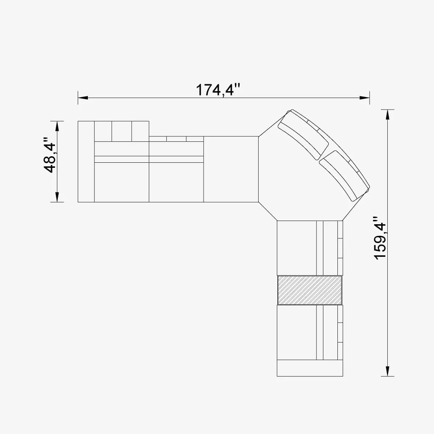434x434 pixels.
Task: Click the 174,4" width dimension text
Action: (x=218, y=90)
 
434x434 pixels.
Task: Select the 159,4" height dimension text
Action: (x=380, y=238)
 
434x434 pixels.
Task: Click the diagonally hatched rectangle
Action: (x=310, y=290)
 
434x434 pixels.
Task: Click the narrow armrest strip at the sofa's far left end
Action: (x=86, y=161)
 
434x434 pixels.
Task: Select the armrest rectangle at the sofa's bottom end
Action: (x=310, y=368)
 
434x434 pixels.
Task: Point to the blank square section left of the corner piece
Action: (x=231, y=169)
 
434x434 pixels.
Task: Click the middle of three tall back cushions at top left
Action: (x=122, y=131)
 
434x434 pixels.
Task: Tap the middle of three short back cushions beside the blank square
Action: (x=176, y=139)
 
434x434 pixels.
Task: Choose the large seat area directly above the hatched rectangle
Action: (x=297, y=248)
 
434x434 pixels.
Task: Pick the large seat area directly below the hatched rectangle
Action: (x=297, y=332)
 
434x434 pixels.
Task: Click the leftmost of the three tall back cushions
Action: (x=103, y=131)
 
